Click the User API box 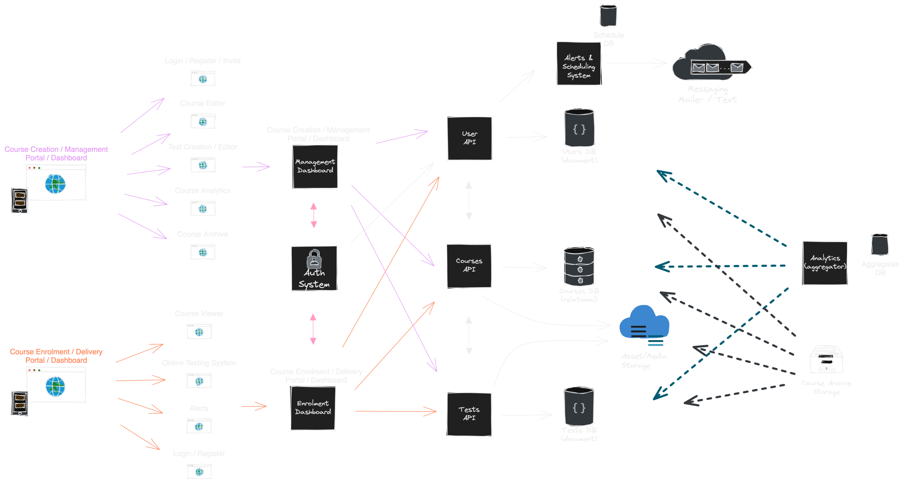pyautogui.click(x=469, y=138)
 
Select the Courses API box pyautogui.click(x=469, y=266)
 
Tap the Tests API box pyautogui.click(x=469, y=414)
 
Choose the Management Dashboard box pyautogui.click(x=315, y=167)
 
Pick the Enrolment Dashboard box pyautogui.click(x=313, y=408)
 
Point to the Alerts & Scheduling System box pyautogui.click(x=579, y=64)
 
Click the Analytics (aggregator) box pyautogui.click(x=825, y=263)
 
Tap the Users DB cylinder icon pyautogui.click(x=579, y=128)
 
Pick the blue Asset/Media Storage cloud pyautogui.click(x=644, y=323)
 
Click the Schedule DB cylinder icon pyautogui.click(x=608, y=16)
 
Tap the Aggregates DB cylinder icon pyautogui.click(x=880, y=245)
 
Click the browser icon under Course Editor pyautogui.click(x=203, y=121)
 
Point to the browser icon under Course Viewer pyautogui.click(x=199, y=332)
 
